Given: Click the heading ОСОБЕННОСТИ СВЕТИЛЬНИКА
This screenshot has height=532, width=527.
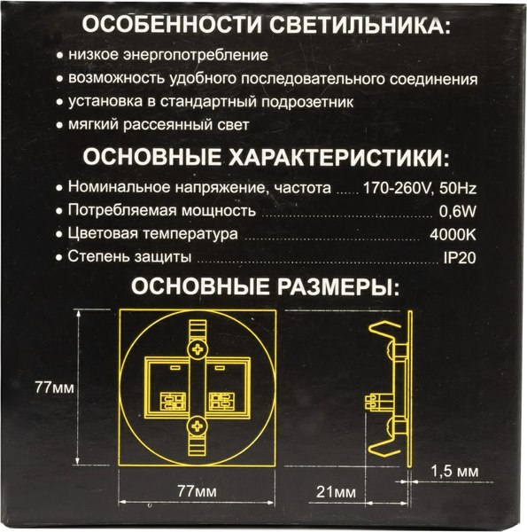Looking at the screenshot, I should coord(263,25).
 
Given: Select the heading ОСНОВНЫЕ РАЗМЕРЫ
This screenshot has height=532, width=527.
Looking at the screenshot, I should coord(263,287).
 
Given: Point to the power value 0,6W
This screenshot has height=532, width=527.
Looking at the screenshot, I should coord(458,212).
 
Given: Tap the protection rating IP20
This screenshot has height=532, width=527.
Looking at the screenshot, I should coord(460,258).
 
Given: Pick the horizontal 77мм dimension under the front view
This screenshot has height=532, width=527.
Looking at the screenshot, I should coord(198,490).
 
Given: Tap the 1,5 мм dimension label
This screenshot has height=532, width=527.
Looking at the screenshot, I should coord(459,470).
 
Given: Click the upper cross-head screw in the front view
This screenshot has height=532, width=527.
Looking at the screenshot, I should coord(198,347).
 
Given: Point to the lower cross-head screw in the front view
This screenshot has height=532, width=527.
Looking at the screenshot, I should coord(198,430).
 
